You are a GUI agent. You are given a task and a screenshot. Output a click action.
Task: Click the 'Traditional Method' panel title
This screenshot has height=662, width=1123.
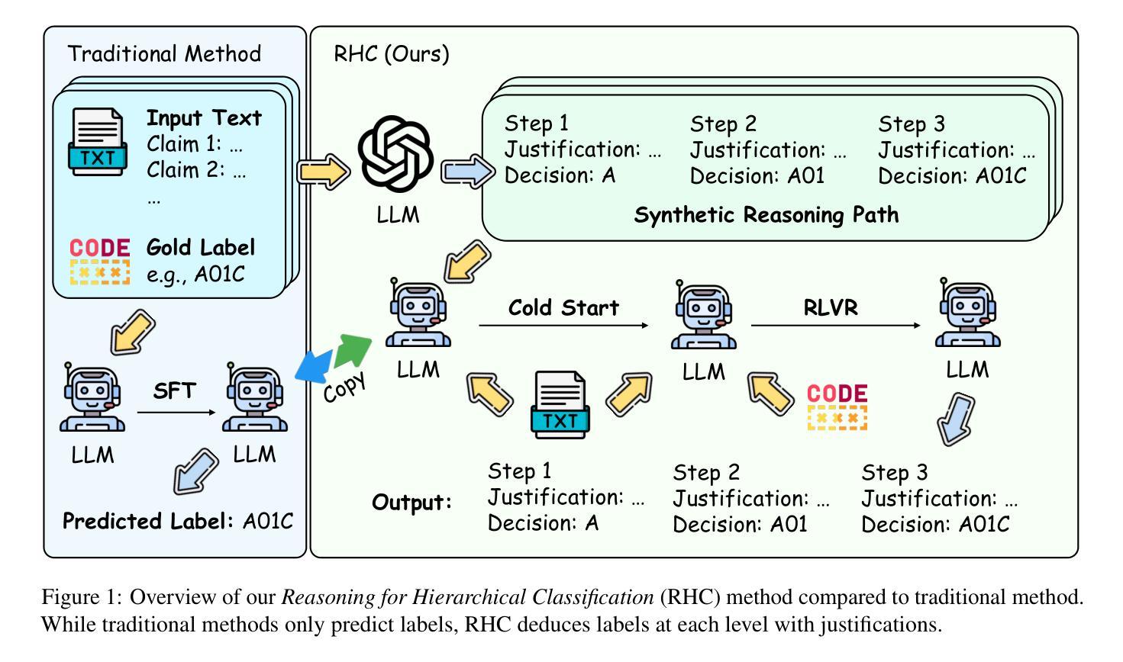click(164, 53)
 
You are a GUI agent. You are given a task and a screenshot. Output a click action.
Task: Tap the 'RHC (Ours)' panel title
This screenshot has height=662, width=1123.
click(392, 54)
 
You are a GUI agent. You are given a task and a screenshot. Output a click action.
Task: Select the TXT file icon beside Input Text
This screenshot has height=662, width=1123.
click(97, 142)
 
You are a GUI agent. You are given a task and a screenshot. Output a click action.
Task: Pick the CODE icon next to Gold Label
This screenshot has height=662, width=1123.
click(100, 261)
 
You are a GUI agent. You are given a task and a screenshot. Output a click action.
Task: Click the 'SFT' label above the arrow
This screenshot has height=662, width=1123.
click(175, 391)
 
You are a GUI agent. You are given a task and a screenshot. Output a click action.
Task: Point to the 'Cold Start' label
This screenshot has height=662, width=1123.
click(563, 307)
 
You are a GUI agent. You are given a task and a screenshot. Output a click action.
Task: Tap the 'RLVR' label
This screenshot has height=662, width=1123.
click(831, 307)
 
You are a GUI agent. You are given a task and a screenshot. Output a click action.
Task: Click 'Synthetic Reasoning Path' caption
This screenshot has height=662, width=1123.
click(766, 214)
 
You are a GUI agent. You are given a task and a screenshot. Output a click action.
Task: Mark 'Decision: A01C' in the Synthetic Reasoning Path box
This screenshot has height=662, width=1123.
click(952, 175)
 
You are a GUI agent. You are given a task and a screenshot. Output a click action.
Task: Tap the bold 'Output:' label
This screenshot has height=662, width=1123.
click(412, 503)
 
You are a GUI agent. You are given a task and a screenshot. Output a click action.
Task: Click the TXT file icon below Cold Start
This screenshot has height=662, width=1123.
click(560, 404)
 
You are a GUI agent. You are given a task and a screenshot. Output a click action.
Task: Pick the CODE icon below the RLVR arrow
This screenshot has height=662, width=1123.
click(837, 407)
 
